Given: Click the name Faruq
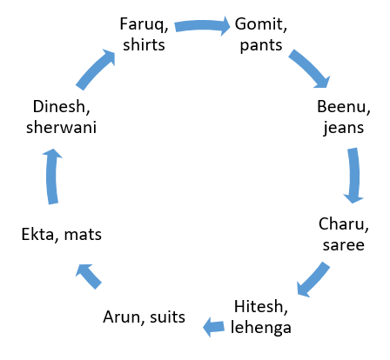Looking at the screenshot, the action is (142, 24).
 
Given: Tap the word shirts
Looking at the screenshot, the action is (144, 45).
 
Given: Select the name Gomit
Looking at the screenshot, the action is (259, 23).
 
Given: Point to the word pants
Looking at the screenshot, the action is (261, 46).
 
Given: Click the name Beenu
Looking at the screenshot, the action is (341, 107).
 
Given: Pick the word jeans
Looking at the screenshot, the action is (344, 128).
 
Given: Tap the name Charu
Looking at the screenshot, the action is (341, 224).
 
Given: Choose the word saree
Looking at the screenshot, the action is (344, 245).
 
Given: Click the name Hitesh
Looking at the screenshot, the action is (259, 307).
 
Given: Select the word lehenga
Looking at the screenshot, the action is (261, 328).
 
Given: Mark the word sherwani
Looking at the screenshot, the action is (61, 128).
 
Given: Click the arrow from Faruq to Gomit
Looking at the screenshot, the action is (202, 25).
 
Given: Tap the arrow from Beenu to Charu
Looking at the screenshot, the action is (354, 176).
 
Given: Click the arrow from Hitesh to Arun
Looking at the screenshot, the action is (213, 327).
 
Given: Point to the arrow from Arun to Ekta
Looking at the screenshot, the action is (90, 276).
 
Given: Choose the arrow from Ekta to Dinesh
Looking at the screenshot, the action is (52, 177).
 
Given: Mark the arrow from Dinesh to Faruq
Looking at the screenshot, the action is (94, 69).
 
